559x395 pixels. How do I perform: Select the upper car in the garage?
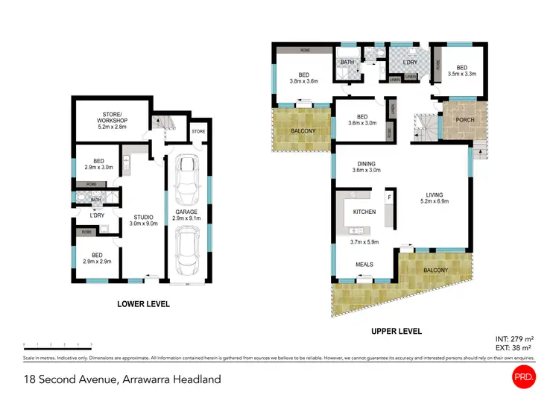click(x=185, y=184)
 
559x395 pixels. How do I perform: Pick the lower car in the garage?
click(x=185, y=251)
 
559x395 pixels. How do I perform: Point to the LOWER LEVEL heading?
click(x=143, y=304)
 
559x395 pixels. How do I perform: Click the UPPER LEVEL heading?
click(x=396, y=331)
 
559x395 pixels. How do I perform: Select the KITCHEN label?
click(x=364, y=212)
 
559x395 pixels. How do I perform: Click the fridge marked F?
click(x=389, y=197)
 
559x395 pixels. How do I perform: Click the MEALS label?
click(x=364, y=265)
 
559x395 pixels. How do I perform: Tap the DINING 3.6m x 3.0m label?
click(x=366, y=167)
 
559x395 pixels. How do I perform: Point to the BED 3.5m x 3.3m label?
click(x=461, y=71)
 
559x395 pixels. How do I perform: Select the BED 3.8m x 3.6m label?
click(x=303, y=78)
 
